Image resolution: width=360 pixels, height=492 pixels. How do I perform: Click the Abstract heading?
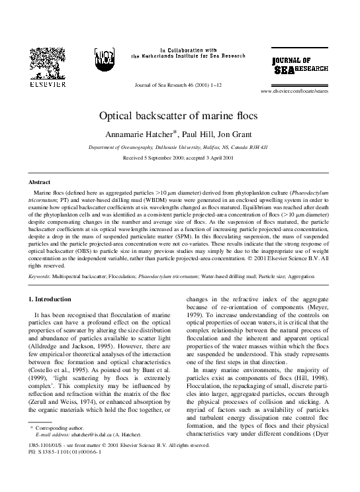(x=41, y=181)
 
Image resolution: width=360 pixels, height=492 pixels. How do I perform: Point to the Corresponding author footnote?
(x=62, y=448)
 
